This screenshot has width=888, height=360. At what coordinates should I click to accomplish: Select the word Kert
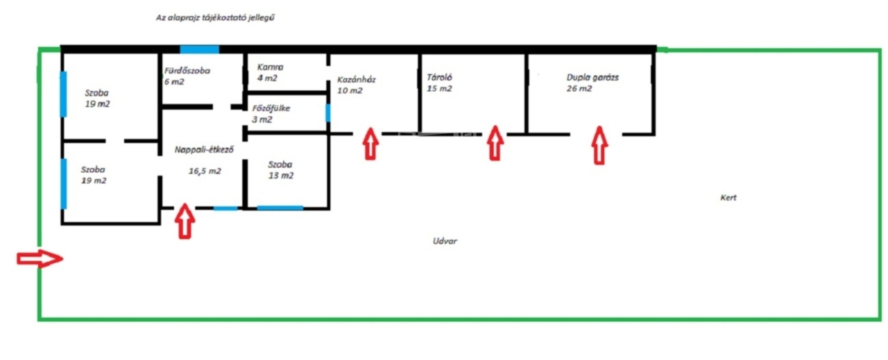[x=728, y=198]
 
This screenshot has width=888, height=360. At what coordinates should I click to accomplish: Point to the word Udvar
[x=445, y=241]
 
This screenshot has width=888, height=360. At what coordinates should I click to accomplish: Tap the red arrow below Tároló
[x=494, y=143]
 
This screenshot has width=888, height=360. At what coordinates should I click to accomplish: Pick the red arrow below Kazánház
[x=371, y=144]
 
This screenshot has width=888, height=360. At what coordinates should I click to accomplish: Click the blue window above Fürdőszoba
[x=200, y=49]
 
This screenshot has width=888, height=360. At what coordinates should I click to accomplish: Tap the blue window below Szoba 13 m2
[x=280, y=207]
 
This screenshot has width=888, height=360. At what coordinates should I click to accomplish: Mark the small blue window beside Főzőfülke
[x=328, y=113]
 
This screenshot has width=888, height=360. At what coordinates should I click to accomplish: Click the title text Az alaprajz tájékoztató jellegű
[x=216, y=19]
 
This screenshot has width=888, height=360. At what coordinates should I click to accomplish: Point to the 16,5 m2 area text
[x=205, y=171]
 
